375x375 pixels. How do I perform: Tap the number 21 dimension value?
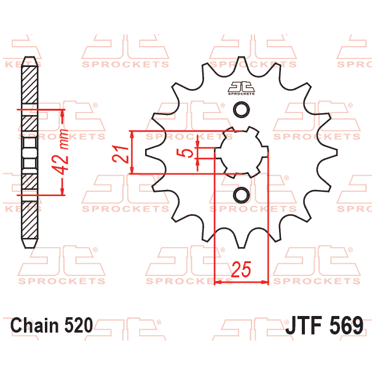[122, 153]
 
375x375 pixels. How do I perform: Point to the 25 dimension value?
[242, 269]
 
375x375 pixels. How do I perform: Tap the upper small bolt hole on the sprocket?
[242, 110]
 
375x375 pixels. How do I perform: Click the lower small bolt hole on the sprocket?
[242, 195]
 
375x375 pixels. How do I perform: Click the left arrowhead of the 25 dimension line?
[217, 282]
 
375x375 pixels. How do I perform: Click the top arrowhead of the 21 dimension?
[132, 134]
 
